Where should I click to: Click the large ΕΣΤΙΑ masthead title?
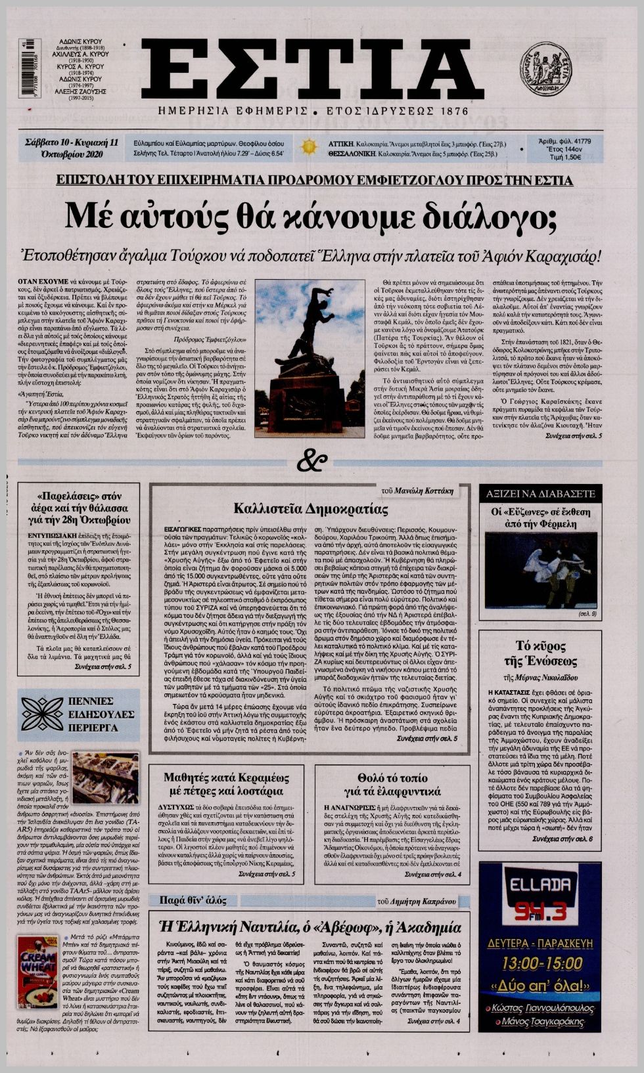(304, 69)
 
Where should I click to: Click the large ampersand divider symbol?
(311, 462)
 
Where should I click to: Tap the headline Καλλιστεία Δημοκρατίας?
(311, 508)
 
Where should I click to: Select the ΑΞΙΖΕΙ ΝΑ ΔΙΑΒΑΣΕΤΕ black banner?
(540, 493)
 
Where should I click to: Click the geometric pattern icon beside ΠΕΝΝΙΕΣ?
(41, 714)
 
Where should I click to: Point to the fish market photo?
(106, 777)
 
